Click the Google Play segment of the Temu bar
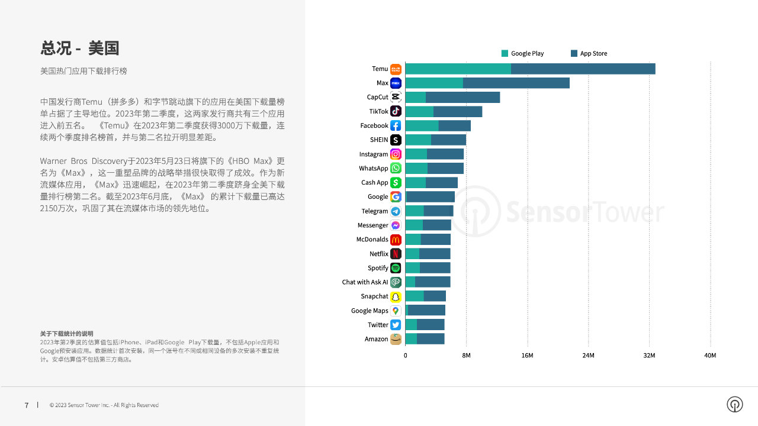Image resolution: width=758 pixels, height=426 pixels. click(x=458, y=69)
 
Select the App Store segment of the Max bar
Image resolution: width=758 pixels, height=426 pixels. click(x=516, y=83)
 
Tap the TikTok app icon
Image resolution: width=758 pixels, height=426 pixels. click(x=396, y=111)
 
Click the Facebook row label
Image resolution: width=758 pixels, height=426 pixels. click(x=374, y=125)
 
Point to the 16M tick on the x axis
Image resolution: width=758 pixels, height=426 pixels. click(x=527, y=356)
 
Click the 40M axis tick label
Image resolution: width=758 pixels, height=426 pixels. click(x=709, y=356)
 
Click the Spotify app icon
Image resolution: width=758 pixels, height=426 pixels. click(x=396, y=268)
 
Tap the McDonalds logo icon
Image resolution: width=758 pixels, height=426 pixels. click(x=396, y=240)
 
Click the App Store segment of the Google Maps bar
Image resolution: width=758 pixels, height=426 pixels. click(x=426, y=311)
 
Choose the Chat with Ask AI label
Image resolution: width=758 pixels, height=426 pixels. click(x=365, y=282)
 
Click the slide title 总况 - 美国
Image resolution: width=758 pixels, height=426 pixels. click(x=80, y=48)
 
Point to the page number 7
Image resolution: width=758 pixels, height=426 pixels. click(x=27, y=405)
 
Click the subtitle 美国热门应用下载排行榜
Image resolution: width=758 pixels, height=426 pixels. click(x=83, y=71)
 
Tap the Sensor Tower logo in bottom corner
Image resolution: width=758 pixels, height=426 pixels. click(x=735, y=404)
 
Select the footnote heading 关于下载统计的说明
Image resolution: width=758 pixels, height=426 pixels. click(x=66, y=334)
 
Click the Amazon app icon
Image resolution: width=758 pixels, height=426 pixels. click(x=396, y=339)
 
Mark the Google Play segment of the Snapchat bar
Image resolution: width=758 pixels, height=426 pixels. click(x=415, y=296)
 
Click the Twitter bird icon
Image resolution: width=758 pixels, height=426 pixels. click(x=396, y=325)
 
